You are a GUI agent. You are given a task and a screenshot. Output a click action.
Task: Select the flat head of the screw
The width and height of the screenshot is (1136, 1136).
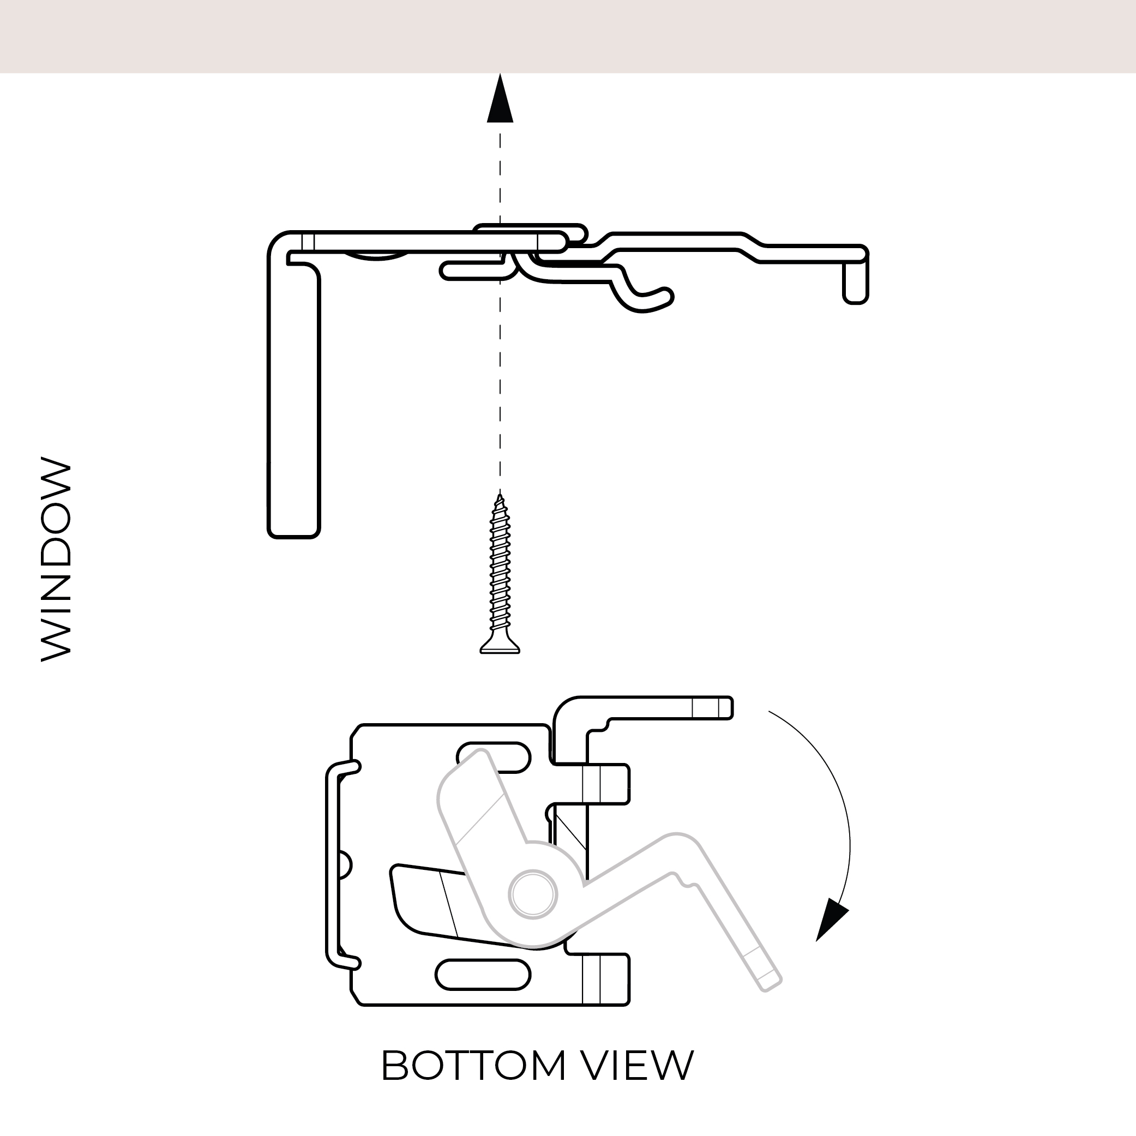(x=500, y=647)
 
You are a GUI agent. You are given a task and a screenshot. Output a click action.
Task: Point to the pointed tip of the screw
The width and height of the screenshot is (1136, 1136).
(x=500, y=497)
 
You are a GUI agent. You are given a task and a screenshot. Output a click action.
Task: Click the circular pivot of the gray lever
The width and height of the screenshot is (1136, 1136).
(x=533, y=894)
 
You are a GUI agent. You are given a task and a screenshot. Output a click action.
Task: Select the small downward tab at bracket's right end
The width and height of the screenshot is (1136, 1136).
(x=856, y=283)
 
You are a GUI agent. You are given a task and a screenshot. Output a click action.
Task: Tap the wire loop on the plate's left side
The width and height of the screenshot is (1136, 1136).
(x=333, y=864)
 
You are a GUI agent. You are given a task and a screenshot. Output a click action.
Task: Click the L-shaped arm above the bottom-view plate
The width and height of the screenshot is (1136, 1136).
(x=647, y=708)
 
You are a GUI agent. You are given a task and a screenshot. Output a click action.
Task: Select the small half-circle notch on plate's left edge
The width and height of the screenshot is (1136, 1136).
(x=346, y=865)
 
